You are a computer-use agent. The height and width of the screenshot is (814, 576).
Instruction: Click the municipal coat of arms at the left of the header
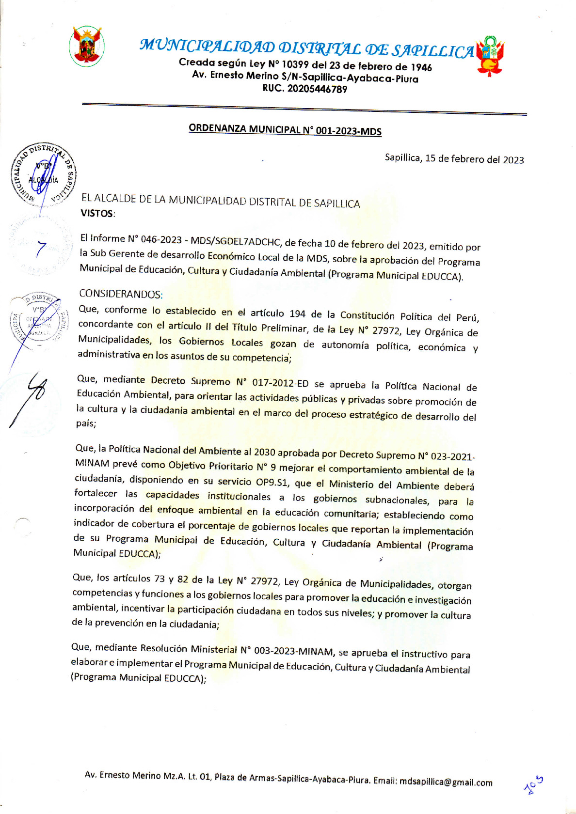(86, 46)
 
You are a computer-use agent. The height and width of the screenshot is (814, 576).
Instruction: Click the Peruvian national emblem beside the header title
(490, 56)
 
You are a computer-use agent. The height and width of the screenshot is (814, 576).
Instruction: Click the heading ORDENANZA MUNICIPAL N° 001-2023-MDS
(285, 130)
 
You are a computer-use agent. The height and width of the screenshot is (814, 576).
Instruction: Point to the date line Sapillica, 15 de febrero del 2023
(454, 159)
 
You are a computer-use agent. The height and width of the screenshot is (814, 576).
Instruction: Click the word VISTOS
(97, 213)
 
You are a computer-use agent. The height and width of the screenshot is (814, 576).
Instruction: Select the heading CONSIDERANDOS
(120, 294)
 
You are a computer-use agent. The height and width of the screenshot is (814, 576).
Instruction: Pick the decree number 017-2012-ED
(280, 383)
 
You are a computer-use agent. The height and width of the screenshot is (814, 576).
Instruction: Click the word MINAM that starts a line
(92, 463)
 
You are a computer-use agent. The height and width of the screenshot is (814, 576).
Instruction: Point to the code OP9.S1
(272, 483)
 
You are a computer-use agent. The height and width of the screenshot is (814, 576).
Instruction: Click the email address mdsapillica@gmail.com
(446, 782)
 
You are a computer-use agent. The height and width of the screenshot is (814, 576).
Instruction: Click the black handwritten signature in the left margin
(29, 397)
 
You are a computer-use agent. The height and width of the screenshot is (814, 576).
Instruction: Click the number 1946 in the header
(421, 67)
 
